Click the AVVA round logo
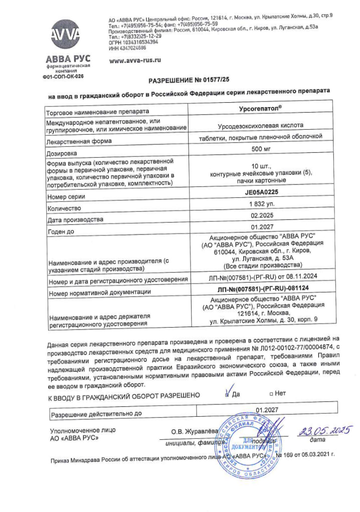point(65,34)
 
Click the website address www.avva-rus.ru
point(135,60)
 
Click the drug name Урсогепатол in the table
point(261,108)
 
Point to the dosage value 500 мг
point(261,149)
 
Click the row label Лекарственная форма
point(79,141)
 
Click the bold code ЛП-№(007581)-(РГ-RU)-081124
point(261,290)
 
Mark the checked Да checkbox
point(228,394)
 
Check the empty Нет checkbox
point(270,394)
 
